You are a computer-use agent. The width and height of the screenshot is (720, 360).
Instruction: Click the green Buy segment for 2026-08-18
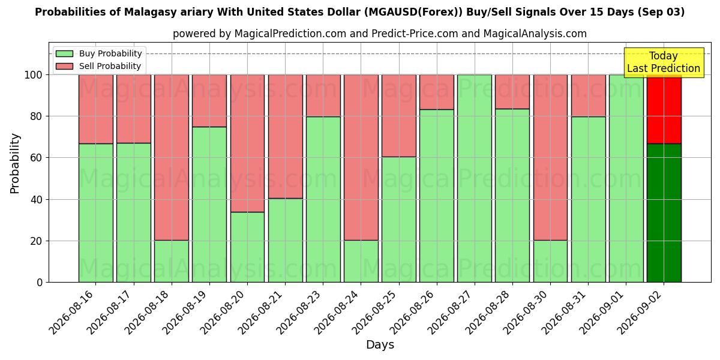pyautogui.click(x=172, y=262)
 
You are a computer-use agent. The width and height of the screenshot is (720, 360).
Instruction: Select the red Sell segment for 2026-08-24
pyautogui.click(x=361, y=157)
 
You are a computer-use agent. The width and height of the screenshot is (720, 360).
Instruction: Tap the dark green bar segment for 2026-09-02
pyautogui.click(x=664, y=213)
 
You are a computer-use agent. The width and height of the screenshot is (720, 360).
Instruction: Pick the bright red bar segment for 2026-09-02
pyautogui.click(x=664, y=109)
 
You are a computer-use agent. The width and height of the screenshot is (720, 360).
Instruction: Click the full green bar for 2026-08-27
pyautogui.click(x=475, y=178)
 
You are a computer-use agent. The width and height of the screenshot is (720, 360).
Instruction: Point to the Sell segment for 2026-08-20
pyautogui.click(x=247, y=143)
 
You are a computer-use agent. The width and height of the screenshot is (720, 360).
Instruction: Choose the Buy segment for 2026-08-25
pyautogui.click(x=399, y=220)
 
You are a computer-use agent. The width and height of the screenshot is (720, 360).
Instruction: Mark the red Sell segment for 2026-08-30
pyautogui.click(x=551, y=157)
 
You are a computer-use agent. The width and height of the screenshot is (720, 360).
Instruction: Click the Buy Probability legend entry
pyautogui.click(x=98, y=53)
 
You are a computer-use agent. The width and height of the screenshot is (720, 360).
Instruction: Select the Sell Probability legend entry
pyautogui.click(x=98, y=66)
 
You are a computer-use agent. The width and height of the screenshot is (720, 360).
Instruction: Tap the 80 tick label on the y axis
pyautogui.click(x=37, y=116)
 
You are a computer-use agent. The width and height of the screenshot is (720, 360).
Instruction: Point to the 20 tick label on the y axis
pyautogui.click(x=37, y=241)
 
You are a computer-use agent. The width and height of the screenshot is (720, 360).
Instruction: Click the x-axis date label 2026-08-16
pyautogui.click(x=71, y=313)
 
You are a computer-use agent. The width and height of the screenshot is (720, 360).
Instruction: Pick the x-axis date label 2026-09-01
pyautogui.click(x=602, y=313)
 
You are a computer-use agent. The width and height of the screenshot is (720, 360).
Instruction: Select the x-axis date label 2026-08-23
pyautogui.click(x=299, y=313)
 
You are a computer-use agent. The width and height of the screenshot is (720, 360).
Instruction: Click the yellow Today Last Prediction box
pyautogui.click(x=664, y=62)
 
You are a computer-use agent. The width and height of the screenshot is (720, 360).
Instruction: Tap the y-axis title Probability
pyautogui.click(x=15, y=163)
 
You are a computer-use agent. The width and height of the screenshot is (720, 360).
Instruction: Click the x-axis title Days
pyautogui.click(x=380, y=344)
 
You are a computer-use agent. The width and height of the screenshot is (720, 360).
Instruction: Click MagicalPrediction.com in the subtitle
pyautogui.click(x=290, y=34)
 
